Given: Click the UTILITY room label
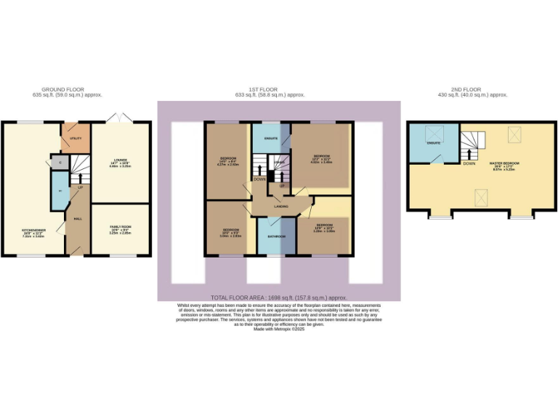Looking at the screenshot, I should tap(76, 136).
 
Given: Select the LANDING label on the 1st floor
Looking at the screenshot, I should tap(272, 206).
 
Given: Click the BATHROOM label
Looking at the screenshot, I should tap(276, 237).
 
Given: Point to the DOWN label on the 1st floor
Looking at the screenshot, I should tap(259, 179).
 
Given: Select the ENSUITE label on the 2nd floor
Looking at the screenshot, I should tap(434, 143).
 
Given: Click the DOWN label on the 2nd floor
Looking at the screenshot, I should tap(469, 163).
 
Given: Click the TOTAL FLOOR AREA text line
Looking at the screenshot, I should tap(278, 298).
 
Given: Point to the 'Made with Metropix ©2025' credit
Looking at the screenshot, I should tap(278, 329).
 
